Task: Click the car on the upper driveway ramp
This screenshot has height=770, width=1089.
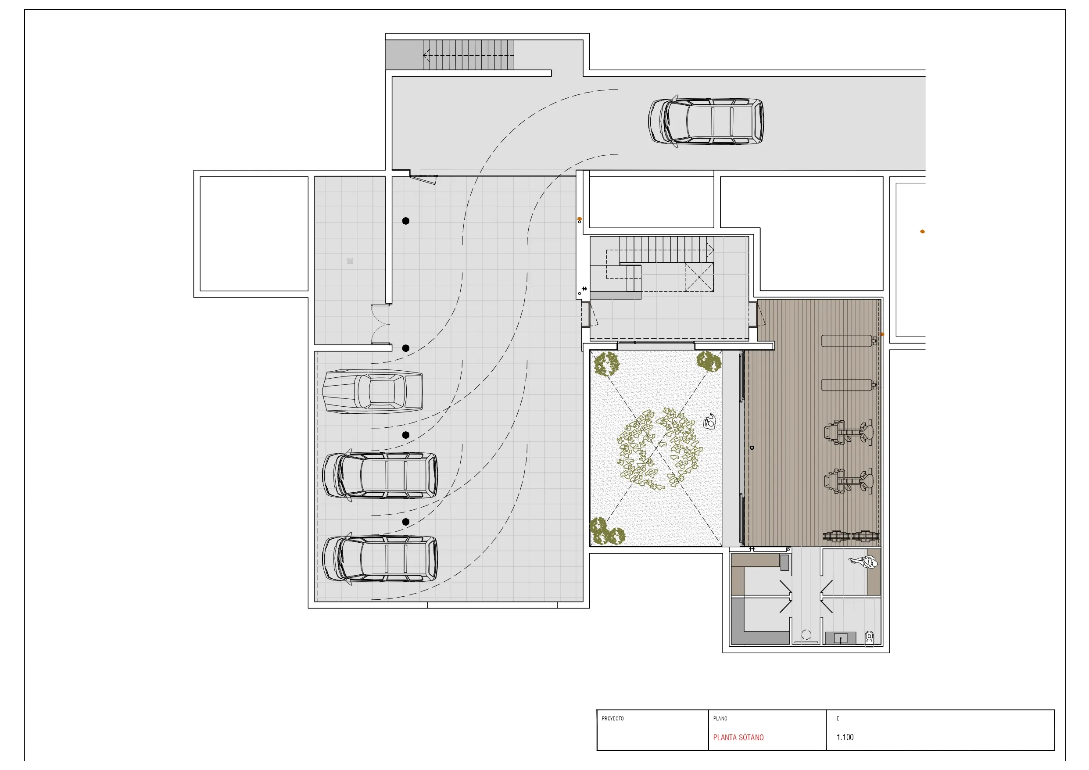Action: pos(706,122)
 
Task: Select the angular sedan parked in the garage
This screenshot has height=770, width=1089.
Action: pos(373,391)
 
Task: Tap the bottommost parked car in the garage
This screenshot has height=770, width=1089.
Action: pos(380,559)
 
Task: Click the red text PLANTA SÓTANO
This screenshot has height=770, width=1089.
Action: pos(738,737)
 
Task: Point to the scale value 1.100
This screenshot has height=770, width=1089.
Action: pos(845,737)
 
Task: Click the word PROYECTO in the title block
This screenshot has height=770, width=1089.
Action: pos(613,718)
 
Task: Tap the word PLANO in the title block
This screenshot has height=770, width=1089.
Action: pos(720,718)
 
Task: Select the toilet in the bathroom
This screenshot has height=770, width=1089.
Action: pos(869,637)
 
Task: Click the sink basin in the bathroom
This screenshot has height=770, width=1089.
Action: pos(841,638)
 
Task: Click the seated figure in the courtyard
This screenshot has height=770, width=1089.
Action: pos(709,421)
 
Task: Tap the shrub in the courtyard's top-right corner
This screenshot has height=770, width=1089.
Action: pos(709,362)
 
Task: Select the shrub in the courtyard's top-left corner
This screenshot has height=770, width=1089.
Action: pos(606,363)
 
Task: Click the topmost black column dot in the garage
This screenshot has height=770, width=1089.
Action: pos(405,221)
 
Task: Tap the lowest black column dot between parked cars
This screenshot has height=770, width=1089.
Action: pos(405,522)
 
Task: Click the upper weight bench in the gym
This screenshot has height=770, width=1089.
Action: pos(849,340)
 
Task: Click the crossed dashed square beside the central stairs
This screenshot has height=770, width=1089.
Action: pos(699,277)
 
